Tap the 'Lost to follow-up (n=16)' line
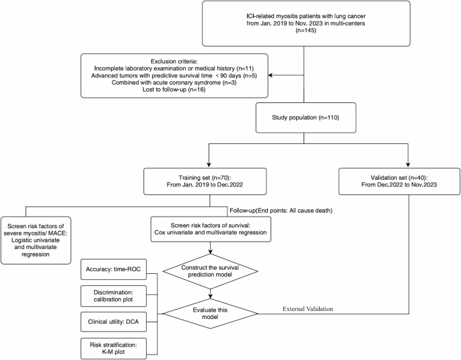pyautogui.click(x=172, y=93)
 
